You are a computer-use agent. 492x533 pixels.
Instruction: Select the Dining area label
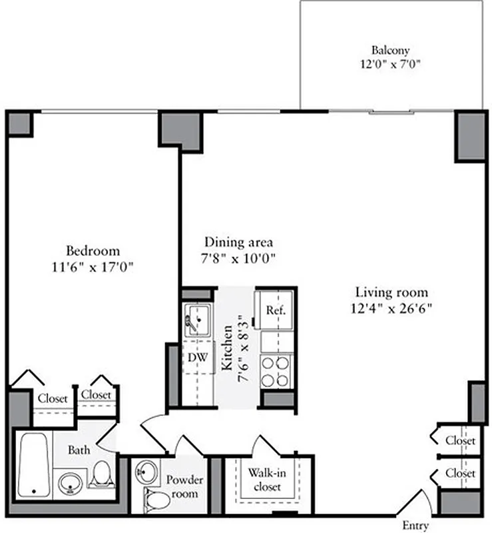point(238,243)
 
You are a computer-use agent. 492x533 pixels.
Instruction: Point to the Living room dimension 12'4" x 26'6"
point(391,308)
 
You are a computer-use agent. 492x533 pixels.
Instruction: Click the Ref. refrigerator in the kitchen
point(276,310)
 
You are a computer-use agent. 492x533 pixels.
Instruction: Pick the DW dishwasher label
point(196,358)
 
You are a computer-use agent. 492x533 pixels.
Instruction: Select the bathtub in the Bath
point(33,464)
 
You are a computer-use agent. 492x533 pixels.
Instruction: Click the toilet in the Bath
point(101,474)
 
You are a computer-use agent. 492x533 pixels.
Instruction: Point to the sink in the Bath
point(69,484)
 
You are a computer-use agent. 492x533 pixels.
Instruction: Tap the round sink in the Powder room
point(147,473)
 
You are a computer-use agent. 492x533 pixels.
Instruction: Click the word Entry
point(415,526)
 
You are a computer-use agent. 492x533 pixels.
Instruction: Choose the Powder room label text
point(184,486)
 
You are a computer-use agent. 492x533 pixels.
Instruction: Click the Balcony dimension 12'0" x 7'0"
point(391,65)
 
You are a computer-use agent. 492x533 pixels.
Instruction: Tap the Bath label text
point(79,450)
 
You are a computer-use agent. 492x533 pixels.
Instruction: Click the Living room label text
point(391,292)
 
